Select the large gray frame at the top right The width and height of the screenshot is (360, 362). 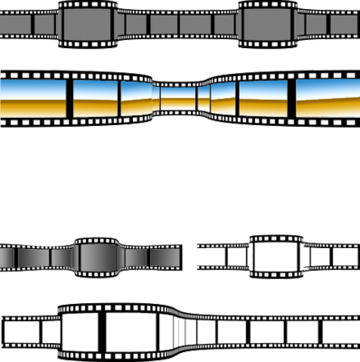click(269, 24)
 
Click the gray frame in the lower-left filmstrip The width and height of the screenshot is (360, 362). click(99, 257)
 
